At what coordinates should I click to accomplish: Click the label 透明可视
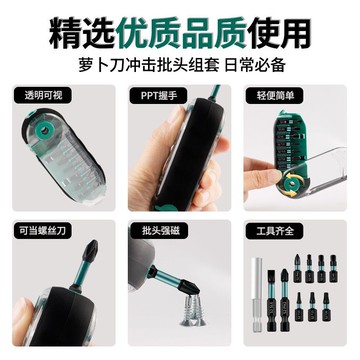[39, 96]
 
